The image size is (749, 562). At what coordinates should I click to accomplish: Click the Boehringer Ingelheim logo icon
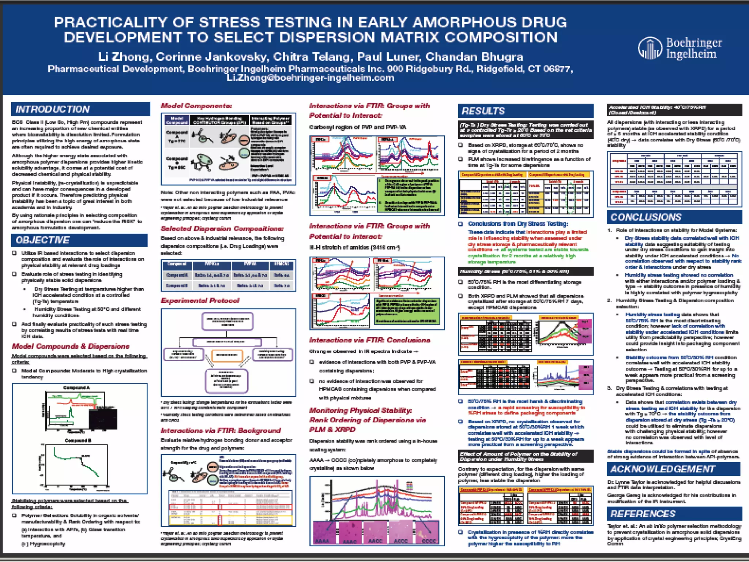click(650, 48)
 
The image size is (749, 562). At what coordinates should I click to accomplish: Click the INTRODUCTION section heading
click(52, 109)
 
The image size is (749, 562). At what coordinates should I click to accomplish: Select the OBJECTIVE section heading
click(42, 240)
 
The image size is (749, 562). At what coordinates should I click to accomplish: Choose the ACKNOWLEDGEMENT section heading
click(662, 469)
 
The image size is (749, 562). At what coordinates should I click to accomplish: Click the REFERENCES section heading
click(643, 514)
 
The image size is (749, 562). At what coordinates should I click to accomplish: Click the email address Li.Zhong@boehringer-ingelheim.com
click(310, 78)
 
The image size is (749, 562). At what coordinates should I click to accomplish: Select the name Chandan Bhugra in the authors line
click(474, 57)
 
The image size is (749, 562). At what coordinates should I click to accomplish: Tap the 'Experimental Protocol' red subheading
click(200, 300)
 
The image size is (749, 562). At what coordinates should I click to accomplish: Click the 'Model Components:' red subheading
click(196, 106)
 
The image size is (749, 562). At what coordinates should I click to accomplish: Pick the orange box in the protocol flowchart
click(227, 355)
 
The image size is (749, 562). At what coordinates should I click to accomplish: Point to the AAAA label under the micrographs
click(322, 540)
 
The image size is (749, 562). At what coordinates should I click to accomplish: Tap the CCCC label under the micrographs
click(429, 540)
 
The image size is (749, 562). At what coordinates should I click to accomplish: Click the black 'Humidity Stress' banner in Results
click(525, 271)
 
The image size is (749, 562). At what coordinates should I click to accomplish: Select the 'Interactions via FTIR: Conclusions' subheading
click(369, 340)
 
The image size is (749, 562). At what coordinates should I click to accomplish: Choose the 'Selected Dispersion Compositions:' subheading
click(222, 229)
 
